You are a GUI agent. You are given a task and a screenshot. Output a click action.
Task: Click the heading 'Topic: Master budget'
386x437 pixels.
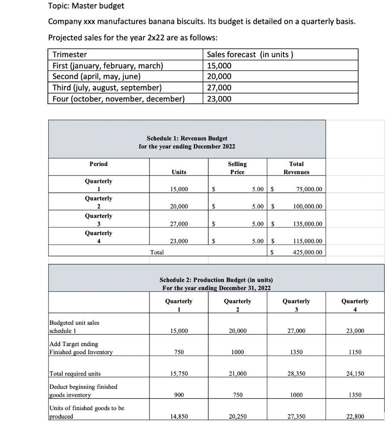(x=86, y=6)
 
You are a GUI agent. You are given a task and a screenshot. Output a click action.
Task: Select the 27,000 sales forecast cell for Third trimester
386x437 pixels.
(x=219, y=88)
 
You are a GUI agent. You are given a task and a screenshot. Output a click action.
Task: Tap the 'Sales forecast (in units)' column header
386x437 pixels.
(x=250, y=54)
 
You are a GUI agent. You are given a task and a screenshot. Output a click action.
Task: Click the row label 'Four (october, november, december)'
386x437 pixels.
(x=118, y=99)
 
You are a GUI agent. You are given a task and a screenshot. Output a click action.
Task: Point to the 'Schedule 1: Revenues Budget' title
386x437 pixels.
(x=187, y=138)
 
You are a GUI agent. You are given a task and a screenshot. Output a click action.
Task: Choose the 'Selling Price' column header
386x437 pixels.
(x=237, y=168)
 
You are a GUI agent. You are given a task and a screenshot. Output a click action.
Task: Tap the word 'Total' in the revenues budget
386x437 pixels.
(x=157, y=252)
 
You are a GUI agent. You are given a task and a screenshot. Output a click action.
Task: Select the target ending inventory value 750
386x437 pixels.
(x=178, y=352)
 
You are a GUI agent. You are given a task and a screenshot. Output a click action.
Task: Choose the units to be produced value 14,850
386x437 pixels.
(x=178, y=417)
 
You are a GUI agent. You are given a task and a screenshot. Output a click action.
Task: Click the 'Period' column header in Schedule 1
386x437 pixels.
(x=99, y=164)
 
